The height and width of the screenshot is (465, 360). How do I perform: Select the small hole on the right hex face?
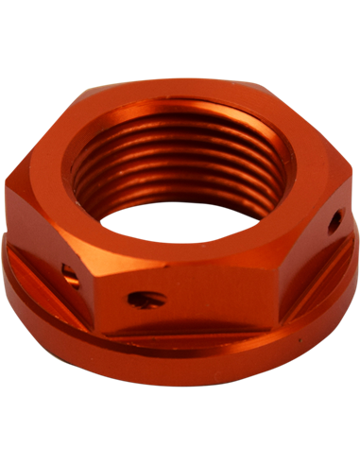click(x=334, y=224)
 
